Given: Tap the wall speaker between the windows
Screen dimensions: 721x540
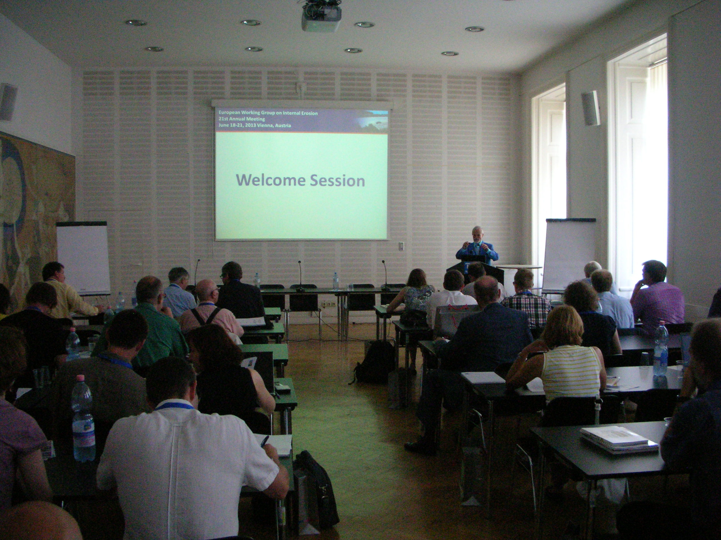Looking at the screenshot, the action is [x=590, y=108].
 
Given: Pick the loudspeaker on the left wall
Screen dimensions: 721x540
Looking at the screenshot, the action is [x=8, y=102].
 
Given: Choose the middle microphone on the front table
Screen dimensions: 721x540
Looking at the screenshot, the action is [x=300, y=275].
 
